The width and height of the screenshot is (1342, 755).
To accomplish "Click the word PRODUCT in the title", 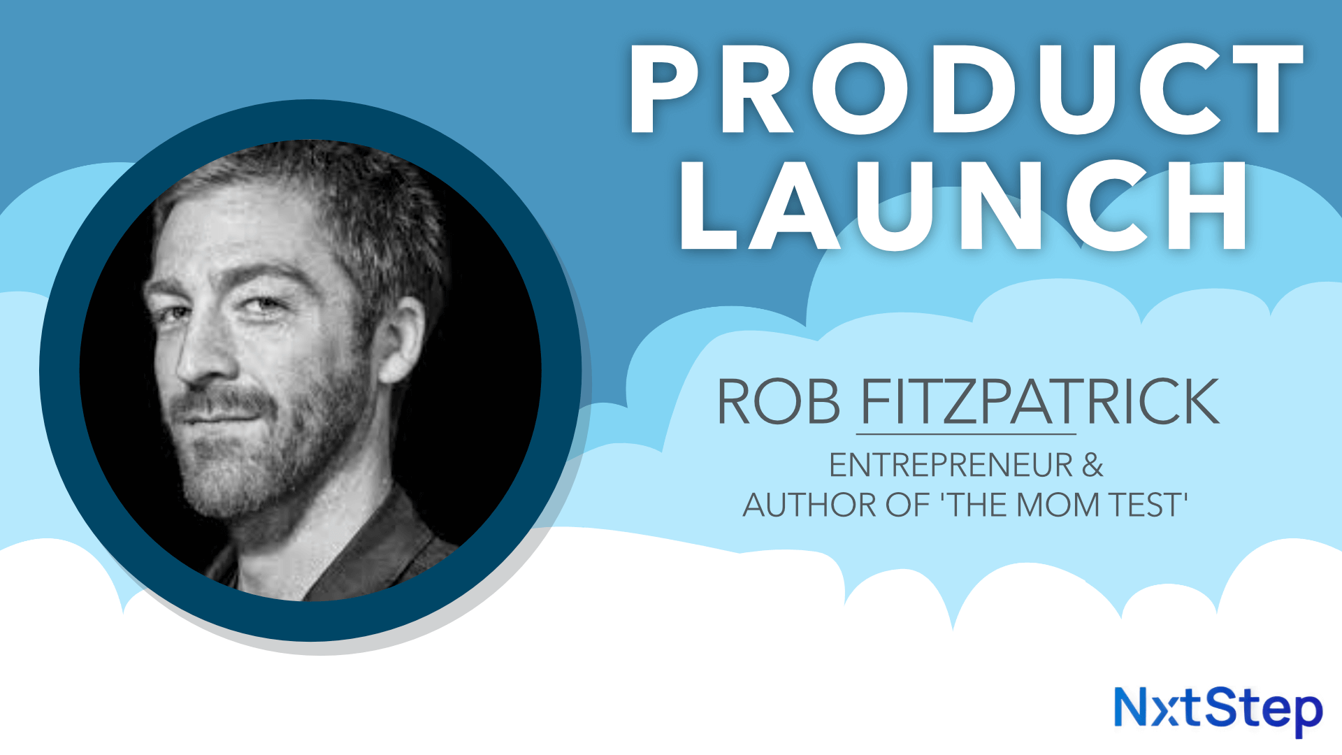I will tap(965, 89).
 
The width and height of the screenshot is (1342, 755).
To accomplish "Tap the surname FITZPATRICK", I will tap(1039, 402).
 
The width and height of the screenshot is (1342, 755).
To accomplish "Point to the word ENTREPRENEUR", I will tap(951, 466).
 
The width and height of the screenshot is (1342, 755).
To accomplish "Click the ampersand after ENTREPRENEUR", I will tap(1092, 466).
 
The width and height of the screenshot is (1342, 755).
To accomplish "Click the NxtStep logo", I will tap(1218, 710).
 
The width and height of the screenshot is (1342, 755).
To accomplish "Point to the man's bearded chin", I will tap(224, 482).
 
